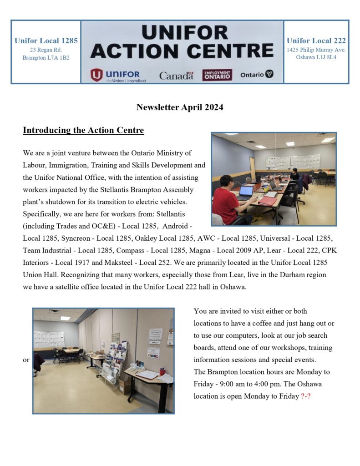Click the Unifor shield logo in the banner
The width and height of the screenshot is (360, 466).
coord(96,75)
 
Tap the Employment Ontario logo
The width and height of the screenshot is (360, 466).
coord(217,75)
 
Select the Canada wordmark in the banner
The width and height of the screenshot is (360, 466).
coord(176,76)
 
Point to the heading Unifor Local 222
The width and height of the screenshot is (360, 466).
coord(316,41)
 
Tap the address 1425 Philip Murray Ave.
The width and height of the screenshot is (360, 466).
coord(316,50)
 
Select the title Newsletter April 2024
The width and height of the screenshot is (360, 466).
coord(180,107)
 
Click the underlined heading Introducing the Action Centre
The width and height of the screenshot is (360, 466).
coord(83,131)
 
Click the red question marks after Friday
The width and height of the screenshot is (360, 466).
coord(306,396)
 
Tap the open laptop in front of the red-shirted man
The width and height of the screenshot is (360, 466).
coord(246,192)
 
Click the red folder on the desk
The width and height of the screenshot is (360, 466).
coord(268,201)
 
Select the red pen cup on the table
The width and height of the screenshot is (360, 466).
coord(162,372)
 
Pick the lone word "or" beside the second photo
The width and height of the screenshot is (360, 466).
coord(26,360)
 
